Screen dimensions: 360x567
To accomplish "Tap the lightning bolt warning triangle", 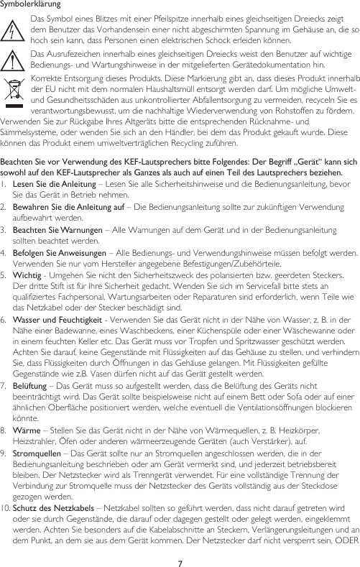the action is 15,29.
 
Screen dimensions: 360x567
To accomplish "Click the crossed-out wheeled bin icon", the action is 15,94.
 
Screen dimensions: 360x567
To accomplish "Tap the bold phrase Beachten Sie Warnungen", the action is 53,230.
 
